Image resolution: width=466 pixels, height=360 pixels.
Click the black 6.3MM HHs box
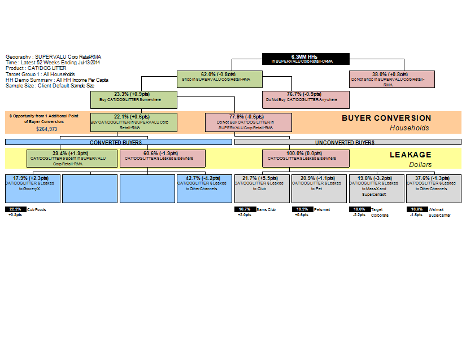[306, 59]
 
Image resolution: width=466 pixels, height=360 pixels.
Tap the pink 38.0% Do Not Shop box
[392, 79]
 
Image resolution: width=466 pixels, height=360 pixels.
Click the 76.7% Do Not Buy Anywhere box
[306, 99]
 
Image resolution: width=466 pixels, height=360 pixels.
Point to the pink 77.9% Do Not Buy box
[249, 122]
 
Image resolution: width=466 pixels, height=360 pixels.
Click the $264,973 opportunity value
[46, 129]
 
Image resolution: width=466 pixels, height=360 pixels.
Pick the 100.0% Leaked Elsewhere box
[306, 158]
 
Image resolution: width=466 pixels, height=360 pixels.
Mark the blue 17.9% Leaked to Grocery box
[32, 188]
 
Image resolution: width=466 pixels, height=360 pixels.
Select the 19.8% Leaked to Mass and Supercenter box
[376, 188]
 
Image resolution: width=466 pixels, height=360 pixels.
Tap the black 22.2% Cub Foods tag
[15, 209]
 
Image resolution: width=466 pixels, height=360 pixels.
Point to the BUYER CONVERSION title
[386, 118]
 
